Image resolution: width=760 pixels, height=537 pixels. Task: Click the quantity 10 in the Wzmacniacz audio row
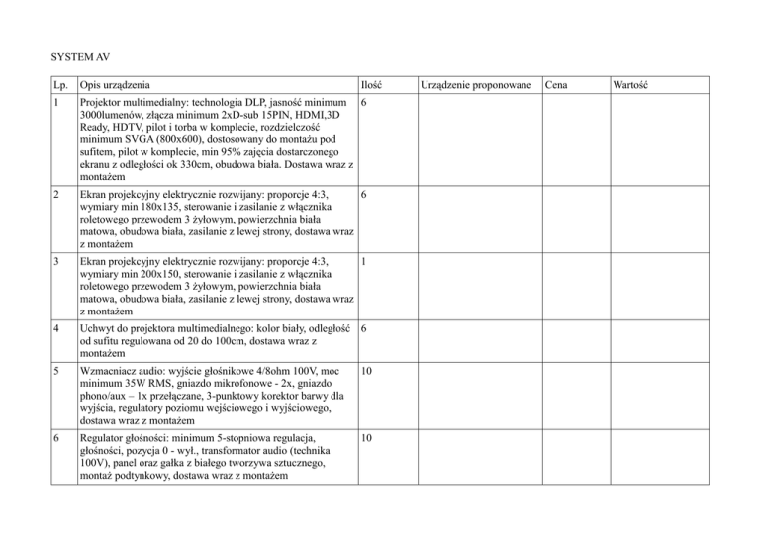(369, 373)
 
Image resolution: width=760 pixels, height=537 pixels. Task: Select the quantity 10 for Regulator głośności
(369, 438)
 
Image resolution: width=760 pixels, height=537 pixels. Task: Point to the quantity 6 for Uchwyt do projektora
(365, 328)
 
